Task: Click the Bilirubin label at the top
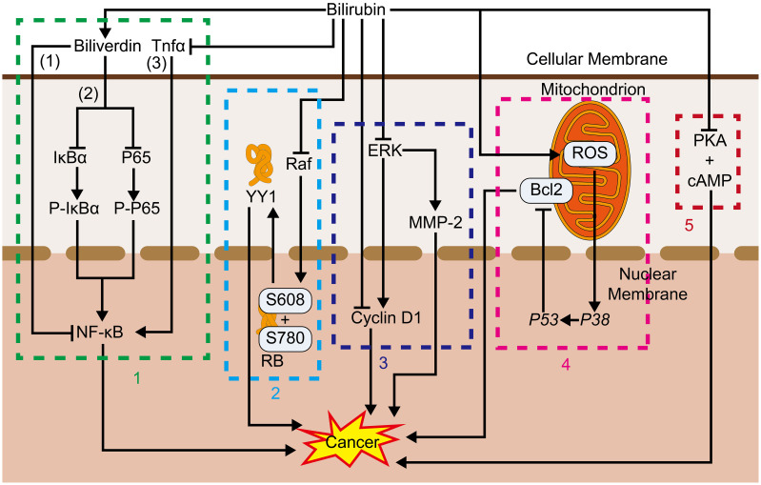(x=352, y=10)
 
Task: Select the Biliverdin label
(x=109, y=44)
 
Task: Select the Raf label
(x=300, y=163)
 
